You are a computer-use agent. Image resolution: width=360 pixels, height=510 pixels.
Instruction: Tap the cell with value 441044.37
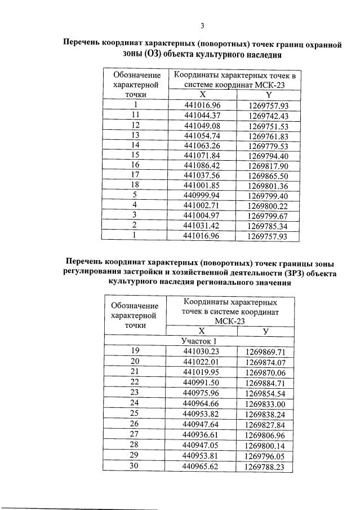[205, 115]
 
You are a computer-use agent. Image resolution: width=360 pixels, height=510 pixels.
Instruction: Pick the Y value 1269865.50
[268, 176]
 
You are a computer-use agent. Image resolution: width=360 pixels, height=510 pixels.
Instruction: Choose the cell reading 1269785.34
[268, 227]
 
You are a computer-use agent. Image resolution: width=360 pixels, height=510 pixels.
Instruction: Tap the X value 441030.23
[201, 351]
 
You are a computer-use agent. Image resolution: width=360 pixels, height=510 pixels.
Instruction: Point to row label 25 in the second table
[135, 414]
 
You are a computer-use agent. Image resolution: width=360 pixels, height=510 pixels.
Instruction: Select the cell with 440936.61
[201, 435]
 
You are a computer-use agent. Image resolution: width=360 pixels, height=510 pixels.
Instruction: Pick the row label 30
[135, 467]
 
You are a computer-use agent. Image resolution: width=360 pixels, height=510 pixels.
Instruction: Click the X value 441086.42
[205, 166]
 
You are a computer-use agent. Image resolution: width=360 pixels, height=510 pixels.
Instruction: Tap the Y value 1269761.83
[268, 135]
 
